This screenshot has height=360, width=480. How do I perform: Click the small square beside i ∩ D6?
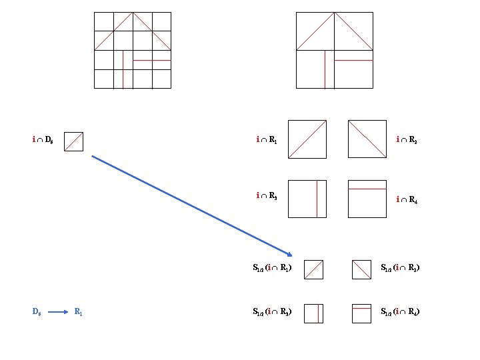pos(73,141)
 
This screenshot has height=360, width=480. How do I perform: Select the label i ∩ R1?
pos(269,140)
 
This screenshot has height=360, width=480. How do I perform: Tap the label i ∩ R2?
pos(406,140)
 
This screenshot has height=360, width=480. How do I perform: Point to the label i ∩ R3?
pos(269,196)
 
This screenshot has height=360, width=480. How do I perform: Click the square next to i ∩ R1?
pos(307,139)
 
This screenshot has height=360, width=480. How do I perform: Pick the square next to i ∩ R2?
pos(367,139)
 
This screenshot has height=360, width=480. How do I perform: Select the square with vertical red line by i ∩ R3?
pos(307,199)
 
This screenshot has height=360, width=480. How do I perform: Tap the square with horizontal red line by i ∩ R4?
pos(367,199)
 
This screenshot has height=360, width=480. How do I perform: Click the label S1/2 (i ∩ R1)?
pos(272,269)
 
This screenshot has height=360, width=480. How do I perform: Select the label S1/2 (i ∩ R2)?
pos(400,269)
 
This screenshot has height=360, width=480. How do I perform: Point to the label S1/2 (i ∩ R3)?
pos(272,311)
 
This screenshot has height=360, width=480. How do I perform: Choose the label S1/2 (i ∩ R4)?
pos(400,311)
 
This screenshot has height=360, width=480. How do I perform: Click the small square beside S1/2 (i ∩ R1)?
pos(313,269)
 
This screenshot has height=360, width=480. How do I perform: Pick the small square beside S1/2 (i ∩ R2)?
pos(361,269)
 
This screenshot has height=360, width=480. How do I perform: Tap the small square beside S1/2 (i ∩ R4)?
pos(361,313)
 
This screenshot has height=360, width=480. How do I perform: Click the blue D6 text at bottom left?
pos(38,311)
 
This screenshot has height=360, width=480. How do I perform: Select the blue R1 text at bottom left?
pos(79,311)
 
